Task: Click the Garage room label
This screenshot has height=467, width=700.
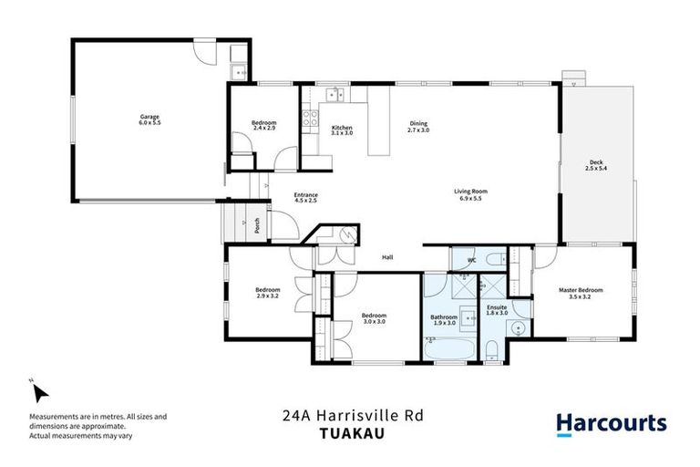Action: tap(149, 117)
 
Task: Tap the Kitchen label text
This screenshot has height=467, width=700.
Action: tap(342, 127)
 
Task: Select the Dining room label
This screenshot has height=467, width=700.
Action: tap(418, 124)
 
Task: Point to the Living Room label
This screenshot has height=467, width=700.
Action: tap(471, 192)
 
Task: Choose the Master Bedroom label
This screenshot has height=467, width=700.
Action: tap(581, 290)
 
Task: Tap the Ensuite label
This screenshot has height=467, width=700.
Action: tap(497, 307)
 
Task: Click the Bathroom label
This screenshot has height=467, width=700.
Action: tap(444, 317)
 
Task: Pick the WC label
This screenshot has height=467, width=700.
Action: tap(471, 261)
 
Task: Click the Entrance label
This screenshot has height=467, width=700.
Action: tap(305, 194)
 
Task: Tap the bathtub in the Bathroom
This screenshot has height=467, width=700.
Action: tap(444, 348)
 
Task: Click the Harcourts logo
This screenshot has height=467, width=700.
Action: tap(611, 423)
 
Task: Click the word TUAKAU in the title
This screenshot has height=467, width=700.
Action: tap(350, 433)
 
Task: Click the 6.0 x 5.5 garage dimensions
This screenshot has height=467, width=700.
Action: tap(149, 122)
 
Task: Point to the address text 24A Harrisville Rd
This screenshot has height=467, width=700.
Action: tap(350, 415)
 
